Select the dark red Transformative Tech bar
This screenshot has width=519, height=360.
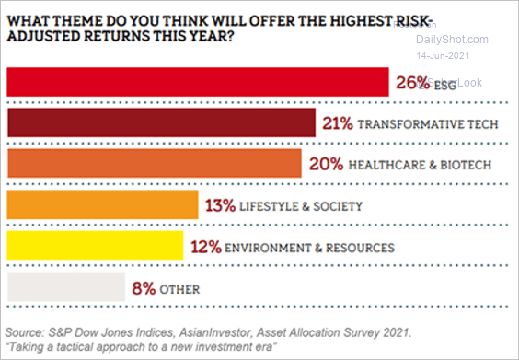(162, 122)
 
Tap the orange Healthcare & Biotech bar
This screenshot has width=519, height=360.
(155, 163)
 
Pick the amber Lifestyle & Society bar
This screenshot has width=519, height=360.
(102, 204)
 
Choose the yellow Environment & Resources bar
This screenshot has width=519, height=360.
(95, 246)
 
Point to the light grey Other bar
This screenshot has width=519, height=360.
(65, 287)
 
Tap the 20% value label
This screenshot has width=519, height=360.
(326, 164)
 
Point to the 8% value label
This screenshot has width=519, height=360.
(144, 288)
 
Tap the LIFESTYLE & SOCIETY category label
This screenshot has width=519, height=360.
(300, 206)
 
